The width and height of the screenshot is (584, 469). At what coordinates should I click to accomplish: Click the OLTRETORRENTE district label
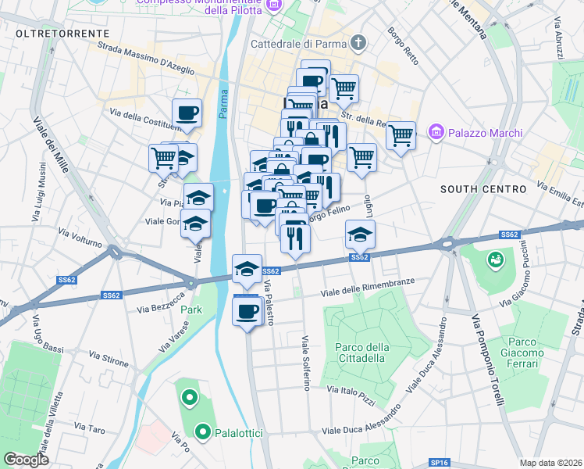pyautogui.click(x=62, y=34)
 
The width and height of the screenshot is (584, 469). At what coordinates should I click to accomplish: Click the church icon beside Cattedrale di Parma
pyautogui.click(x=358, y=42)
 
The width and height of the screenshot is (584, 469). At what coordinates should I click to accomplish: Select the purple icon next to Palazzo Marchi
pyautogui.click(x=436, y=133)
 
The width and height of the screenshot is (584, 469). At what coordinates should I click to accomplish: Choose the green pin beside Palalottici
pyautogui.click(x=203, y=431)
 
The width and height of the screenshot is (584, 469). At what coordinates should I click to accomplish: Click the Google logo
pyautogui.click(x=26, y=460)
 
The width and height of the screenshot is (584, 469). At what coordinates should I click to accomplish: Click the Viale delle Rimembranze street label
pyautogui.click(x=368, y=288)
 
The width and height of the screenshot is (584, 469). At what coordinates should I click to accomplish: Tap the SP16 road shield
pyautogui.click(x=439, y=462)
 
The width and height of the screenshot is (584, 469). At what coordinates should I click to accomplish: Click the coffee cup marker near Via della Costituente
pyautogui.click(x=187, y=113)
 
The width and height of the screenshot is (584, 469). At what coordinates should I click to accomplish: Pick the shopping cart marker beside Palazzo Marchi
pyautogui.click(x=401, y=135)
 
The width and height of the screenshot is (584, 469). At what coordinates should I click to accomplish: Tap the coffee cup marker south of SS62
pyautogui.click(x=247, y=311)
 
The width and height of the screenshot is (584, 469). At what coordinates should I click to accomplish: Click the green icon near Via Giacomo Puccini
pyautogui.click(x=494, y=259)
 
